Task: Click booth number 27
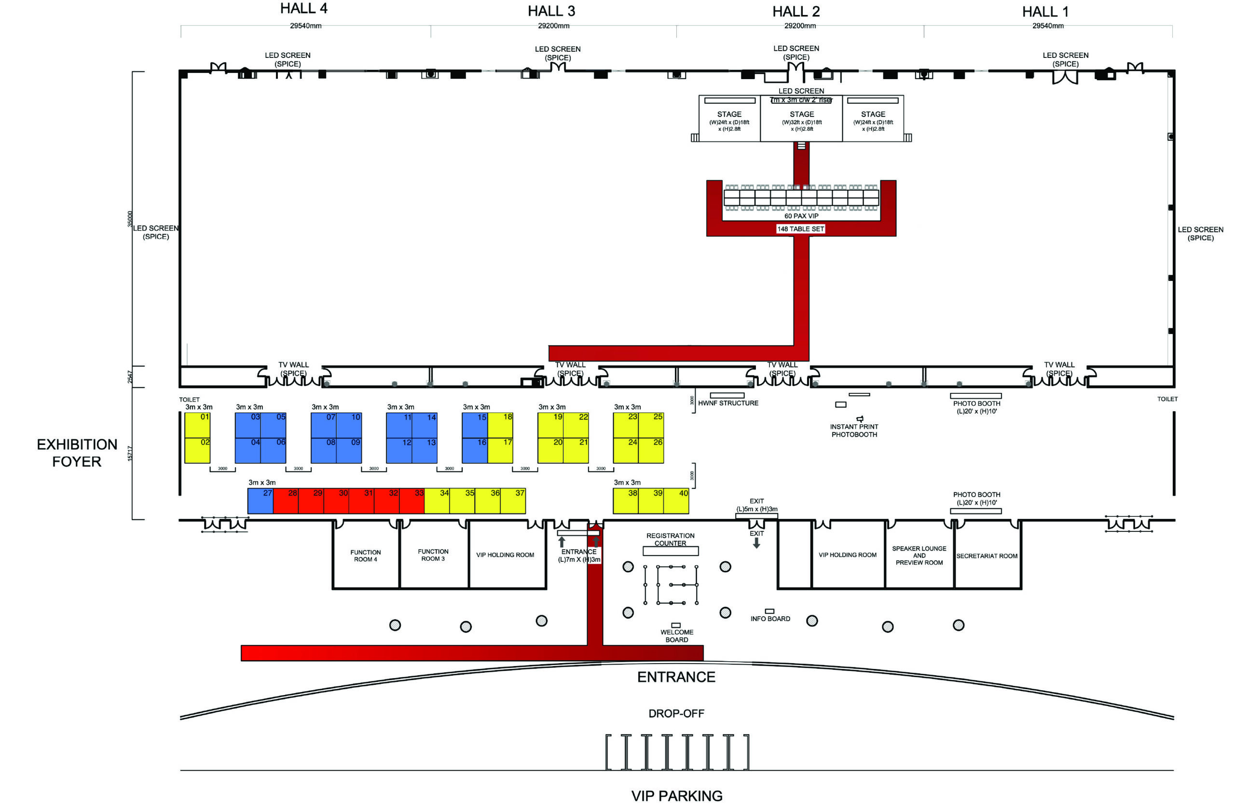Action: pyautogui.click(x=261, y=501)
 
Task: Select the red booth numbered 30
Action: pyautogui.click(x=336, y=501)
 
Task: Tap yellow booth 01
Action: pyautogui.click(x=197, y=425)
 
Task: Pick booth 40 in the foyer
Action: pyautogui.click(x=676, y=501)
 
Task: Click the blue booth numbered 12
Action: pyautogui.click(x=399, y=450)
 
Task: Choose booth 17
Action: pyautogui.click(x=500, y=450)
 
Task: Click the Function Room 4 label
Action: pyautogui.click(x=365, y=556)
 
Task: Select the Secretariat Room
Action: pyautogui.click(x=987, y=556)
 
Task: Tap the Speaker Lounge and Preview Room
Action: pyautogui.click(x=919, y=556)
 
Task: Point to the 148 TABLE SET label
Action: pyautogui.click(x=800, y=229)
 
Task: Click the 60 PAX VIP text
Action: pyautogui.click(x=801, y=216)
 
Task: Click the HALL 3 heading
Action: pyautogui.click(x=551, y=11)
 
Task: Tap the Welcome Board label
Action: pyautogui.click(x=677, y=636)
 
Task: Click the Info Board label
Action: pyautogui.click(x=770, y=619)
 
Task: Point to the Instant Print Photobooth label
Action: pyautogui.click(x=854, y=430)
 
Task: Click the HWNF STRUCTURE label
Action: pyautogui.click(x=728, y=403)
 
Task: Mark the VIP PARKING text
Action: pyautogui.click(x=677, y=795)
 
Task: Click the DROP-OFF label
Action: pyautogui.click(x=676, y=714)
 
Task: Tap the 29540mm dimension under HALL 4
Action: pyautogui.click(x=306, y=26)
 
